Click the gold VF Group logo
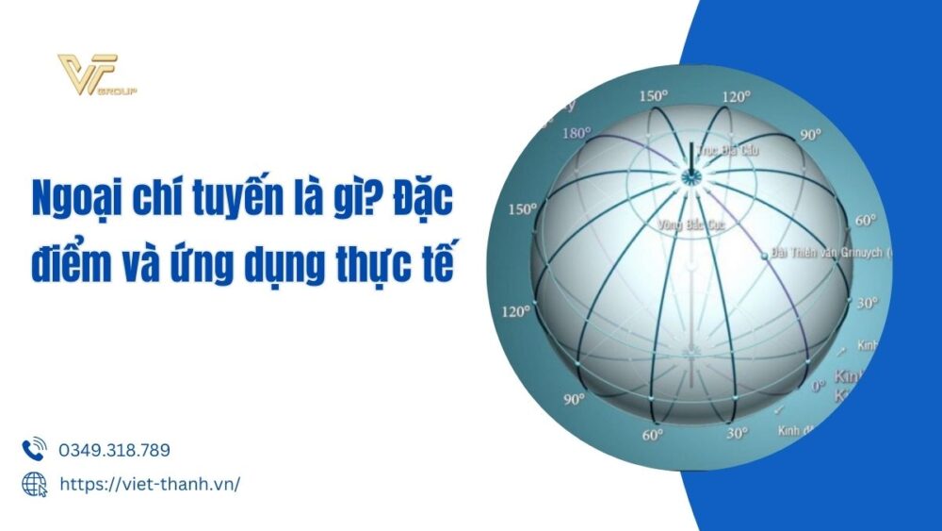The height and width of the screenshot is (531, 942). click(97, 75)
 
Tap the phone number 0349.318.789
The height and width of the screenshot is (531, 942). click(114, 451)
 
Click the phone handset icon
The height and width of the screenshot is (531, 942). click(34, 450)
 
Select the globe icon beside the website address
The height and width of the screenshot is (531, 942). click(34, 484)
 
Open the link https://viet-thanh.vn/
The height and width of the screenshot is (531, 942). click(149, 484)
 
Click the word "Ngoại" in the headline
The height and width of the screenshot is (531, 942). click(73, 201)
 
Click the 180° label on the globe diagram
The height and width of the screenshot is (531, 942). click(576, 134)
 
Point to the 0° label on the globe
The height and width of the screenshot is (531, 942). click(818, 385)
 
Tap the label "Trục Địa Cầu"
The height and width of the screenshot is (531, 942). click(728, 149)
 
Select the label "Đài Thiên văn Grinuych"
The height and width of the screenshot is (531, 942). click(829, 253)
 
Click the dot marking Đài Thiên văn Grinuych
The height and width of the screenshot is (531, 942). click(764, 254)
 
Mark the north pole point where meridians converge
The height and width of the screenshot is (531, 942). click(690, 176)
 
